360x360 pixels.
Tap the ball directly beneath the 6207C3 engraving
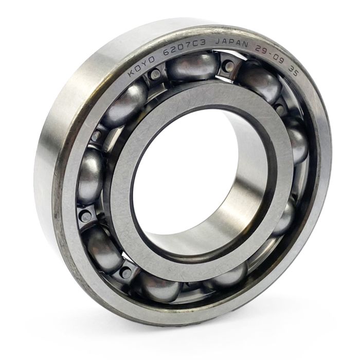(193, 67)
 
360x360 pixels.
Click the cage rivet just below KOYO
(155, 75)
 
